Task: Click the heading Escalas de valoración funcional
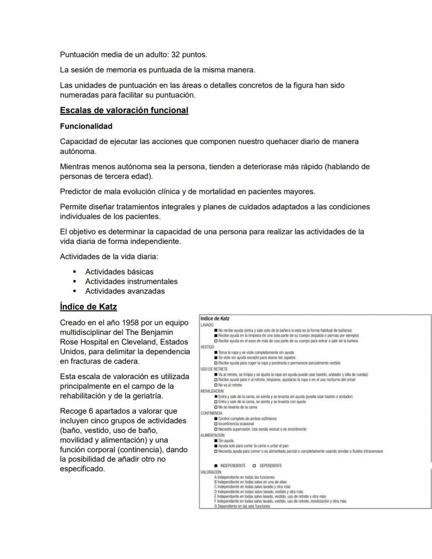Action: pyautogui.click(x=124, y=110)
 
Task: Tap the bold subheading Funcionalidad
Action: pyautogui.click(x=86, y=126)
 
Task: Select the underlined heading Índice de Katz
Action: pyautogui.click(x=88, y=306)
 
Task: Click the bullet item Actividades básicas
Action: pyautogui.click(x=119, y=271)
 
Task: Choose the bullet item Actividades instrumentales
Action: pyautogui.click(x=131, y=281)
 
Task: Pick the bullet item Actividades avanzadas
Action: pyautogui.click(x=125, y=291)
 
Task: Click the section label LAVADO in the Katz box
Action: pyautogui.click(x=207, y=325)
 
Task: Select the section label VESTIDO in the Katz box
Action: pyautogui.click(x=208, y=347)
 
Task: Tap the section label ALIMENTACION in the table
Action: pyautogui.click(x=213, y=434)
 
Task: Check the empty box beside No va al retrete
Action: pyautogui.click(x=216, y=385)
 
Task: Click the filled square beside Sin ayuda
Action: pyautogui.click(x=216, y=441)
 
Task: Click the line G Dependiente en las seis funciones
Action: pyautogui.click(x=242, y=506)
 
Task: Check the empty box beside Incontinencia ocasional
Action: pyautogui.click(x=216, y=424)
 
